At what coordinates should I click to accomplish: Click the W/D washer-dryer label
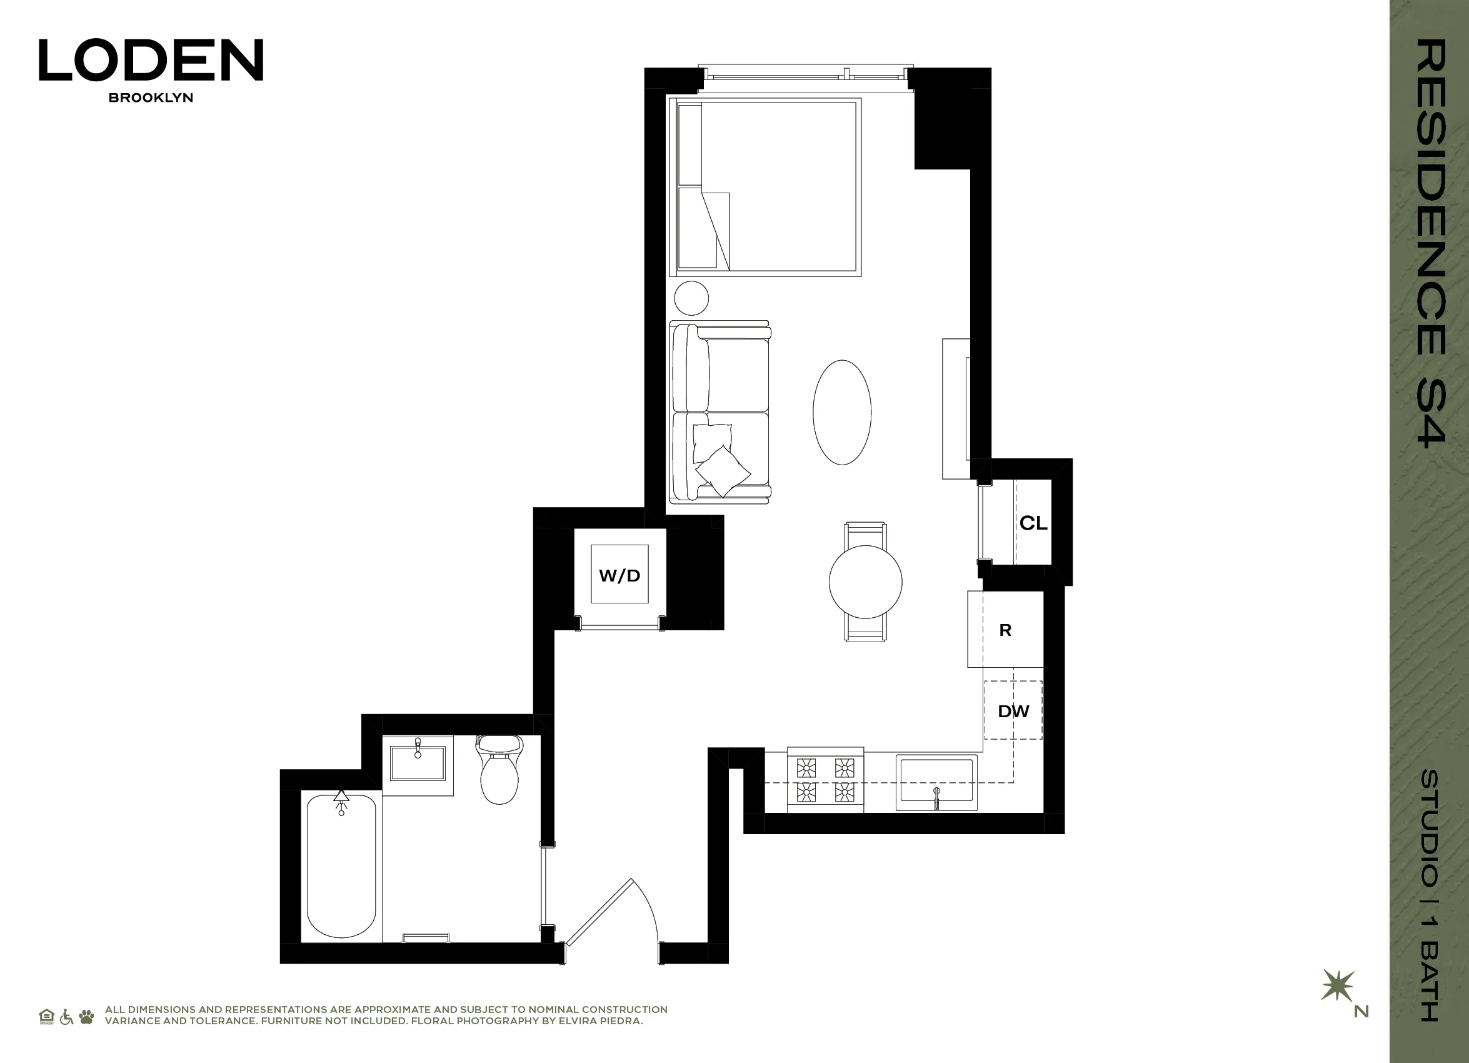(619, 575)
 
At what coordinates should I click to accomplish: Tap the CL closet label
(1033, 523)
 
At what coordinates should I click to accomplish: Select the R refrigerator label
(1005, 630)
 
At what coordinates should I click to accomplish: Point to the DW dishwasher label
(1013, 711)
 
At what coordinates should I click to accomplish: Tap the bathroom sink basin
(418, 763)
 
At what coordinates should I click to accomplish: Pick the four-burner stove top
(825, 779)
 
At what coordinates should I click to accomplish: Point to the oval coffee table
(842, 412)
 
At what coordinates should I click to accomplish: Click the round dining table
(865, 582)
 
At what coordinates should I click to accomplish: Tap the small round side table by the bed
(691, 299)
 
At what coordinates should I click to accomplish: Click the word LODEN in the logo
(151, 60)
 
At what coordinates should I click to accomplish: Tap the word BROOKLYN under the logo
(151, 98)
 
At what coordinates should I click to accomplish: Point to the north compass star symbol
(1337, 985)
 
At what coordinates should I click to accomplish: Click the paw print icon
(86, 1017)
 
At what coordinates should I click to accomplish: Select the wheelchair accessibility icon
(66, 1017)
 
